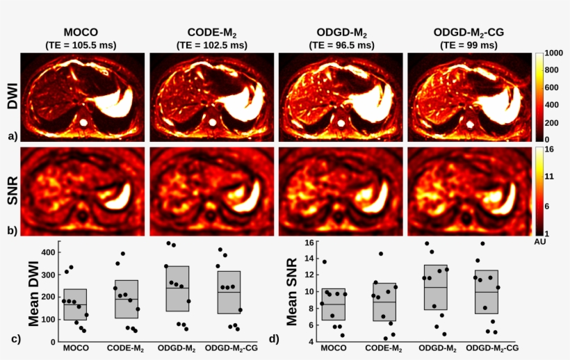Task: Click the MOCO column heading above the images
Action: pyautogui.click(x=81, y=32)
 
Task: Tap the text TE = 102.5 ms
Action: pyautogui.click(x=209, y=45)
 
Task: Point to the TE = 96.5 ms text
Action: pyautogui.click(x=339, y=45)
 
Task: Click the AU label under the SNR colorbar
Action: pyautogui.click(x=541, y=242)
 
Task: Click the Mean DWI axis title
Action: pyautogui.click(x=34, y=292)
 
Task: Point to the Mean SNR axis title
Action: pyautogui.click(x=293, y=292)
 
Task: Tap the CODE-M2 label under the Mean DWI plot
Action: pyautogui.click(x=127, y=347)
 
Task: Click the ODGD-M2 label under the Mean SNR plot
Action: pyautogui.click(x=435, y=347)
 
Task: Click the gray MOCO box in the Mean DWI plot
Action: pyautogui.click(x=75, y=304)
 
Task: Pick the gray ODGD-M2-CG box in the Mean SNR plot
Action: pyautogui.click(x=486, y=292)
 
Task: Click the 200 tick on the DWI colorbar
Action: pyautogui.click(x=552, y=122)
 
